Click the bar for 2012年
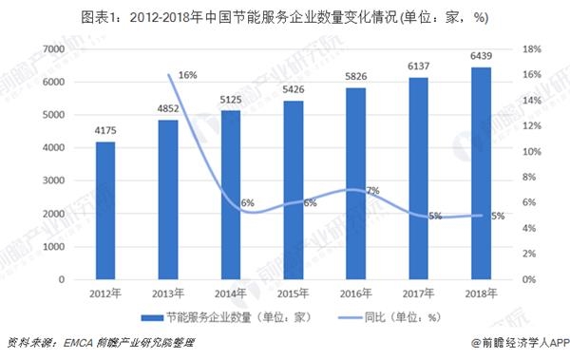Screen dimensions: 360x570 pos(105,211)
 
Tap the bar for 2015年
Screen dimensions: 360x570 pos(294,190)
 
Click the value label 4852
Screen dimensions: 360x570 pos(167,109)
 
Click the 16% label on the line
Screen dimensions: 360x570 pos(187,75)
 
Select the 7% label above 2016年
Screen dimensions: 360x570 pos(372,191)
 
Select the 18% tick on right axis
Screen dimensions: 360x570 pos(532,49)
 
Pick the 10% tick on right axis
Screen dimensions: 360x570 pos(532,152)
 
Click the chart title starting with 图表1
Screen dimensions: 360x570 pos(285,15)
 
